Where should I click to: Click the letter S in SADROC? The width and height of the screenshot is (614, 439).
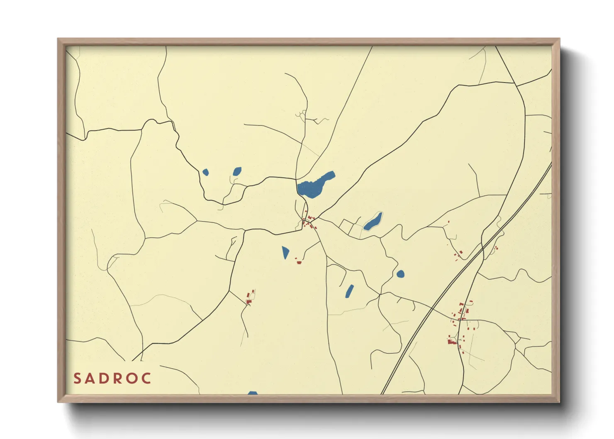click(77, 378)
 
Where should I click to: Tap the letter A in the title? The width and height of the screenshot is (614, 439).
click(91, 378)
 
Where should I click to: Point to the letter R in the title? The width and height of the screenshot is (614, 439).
click(119, 378)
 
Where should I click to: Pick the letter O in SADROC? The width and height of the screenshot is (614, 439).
click(133, 378)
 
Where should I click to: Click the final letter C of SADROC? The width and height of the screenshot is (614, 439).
click(146, 378)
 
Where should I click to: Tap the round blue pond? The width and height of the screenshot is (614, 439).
click(400, 274)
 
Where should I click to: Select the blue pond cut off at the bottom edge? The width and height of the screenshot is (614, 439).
click(253, 393)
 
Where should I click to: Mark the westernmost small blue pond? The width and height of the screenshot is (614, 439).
click(205, 172)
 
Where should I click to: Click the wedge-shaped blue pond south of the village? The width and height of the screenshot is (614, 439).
click(285, 252)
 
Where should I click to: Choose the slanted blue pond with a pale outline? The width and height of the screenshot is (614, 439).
click(373, 221)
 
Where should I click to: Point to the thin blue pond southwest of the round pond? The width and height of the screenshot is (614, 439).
click(350, 291)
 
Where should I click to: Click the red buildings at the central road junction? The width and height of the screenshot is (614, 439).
click(309, 223)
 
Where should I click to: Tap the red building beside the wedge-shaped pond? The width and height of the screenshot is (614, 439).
click(299, 262)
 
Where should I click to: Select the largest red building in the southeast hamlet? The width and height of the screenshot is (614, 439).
click(452, 341)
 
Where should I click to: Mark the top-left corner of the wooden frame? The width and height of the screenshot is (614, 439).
click(58, 39)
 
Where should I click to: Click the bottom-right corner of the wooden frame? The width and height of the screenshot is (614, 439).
click(559, 402)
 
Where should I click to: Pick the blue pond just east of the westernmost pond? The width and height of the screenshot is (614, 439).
click(237, 171)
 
